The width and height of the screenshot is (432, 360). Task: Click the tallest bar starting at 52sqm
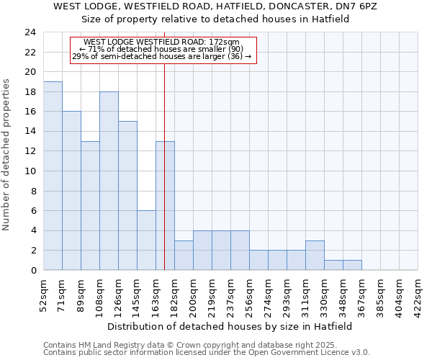coord(53,176)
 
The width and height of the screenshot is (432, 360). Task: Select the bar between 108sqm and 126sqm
coord(109,181)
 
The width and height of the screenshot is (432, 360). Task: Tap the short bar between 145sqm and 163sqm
coord(146,240)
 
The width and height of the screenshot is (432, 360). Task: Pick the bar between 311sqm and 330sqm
coord(315,255)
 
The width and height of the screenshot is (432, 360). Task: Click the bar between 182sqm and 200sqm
coord(184,256)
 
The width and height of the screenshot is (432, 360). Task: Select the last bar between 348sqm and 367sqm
coord(352,265)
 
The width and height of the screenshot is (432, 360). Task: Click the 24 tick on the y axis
coord(30,32)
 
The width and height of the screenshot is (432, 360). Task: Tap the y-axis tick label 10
coord(30,171)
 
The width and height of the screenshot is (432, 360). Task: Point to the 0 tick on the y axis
coord(32,271)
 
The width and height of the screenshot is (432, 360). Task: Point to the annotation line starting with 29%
coord(162,56)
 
